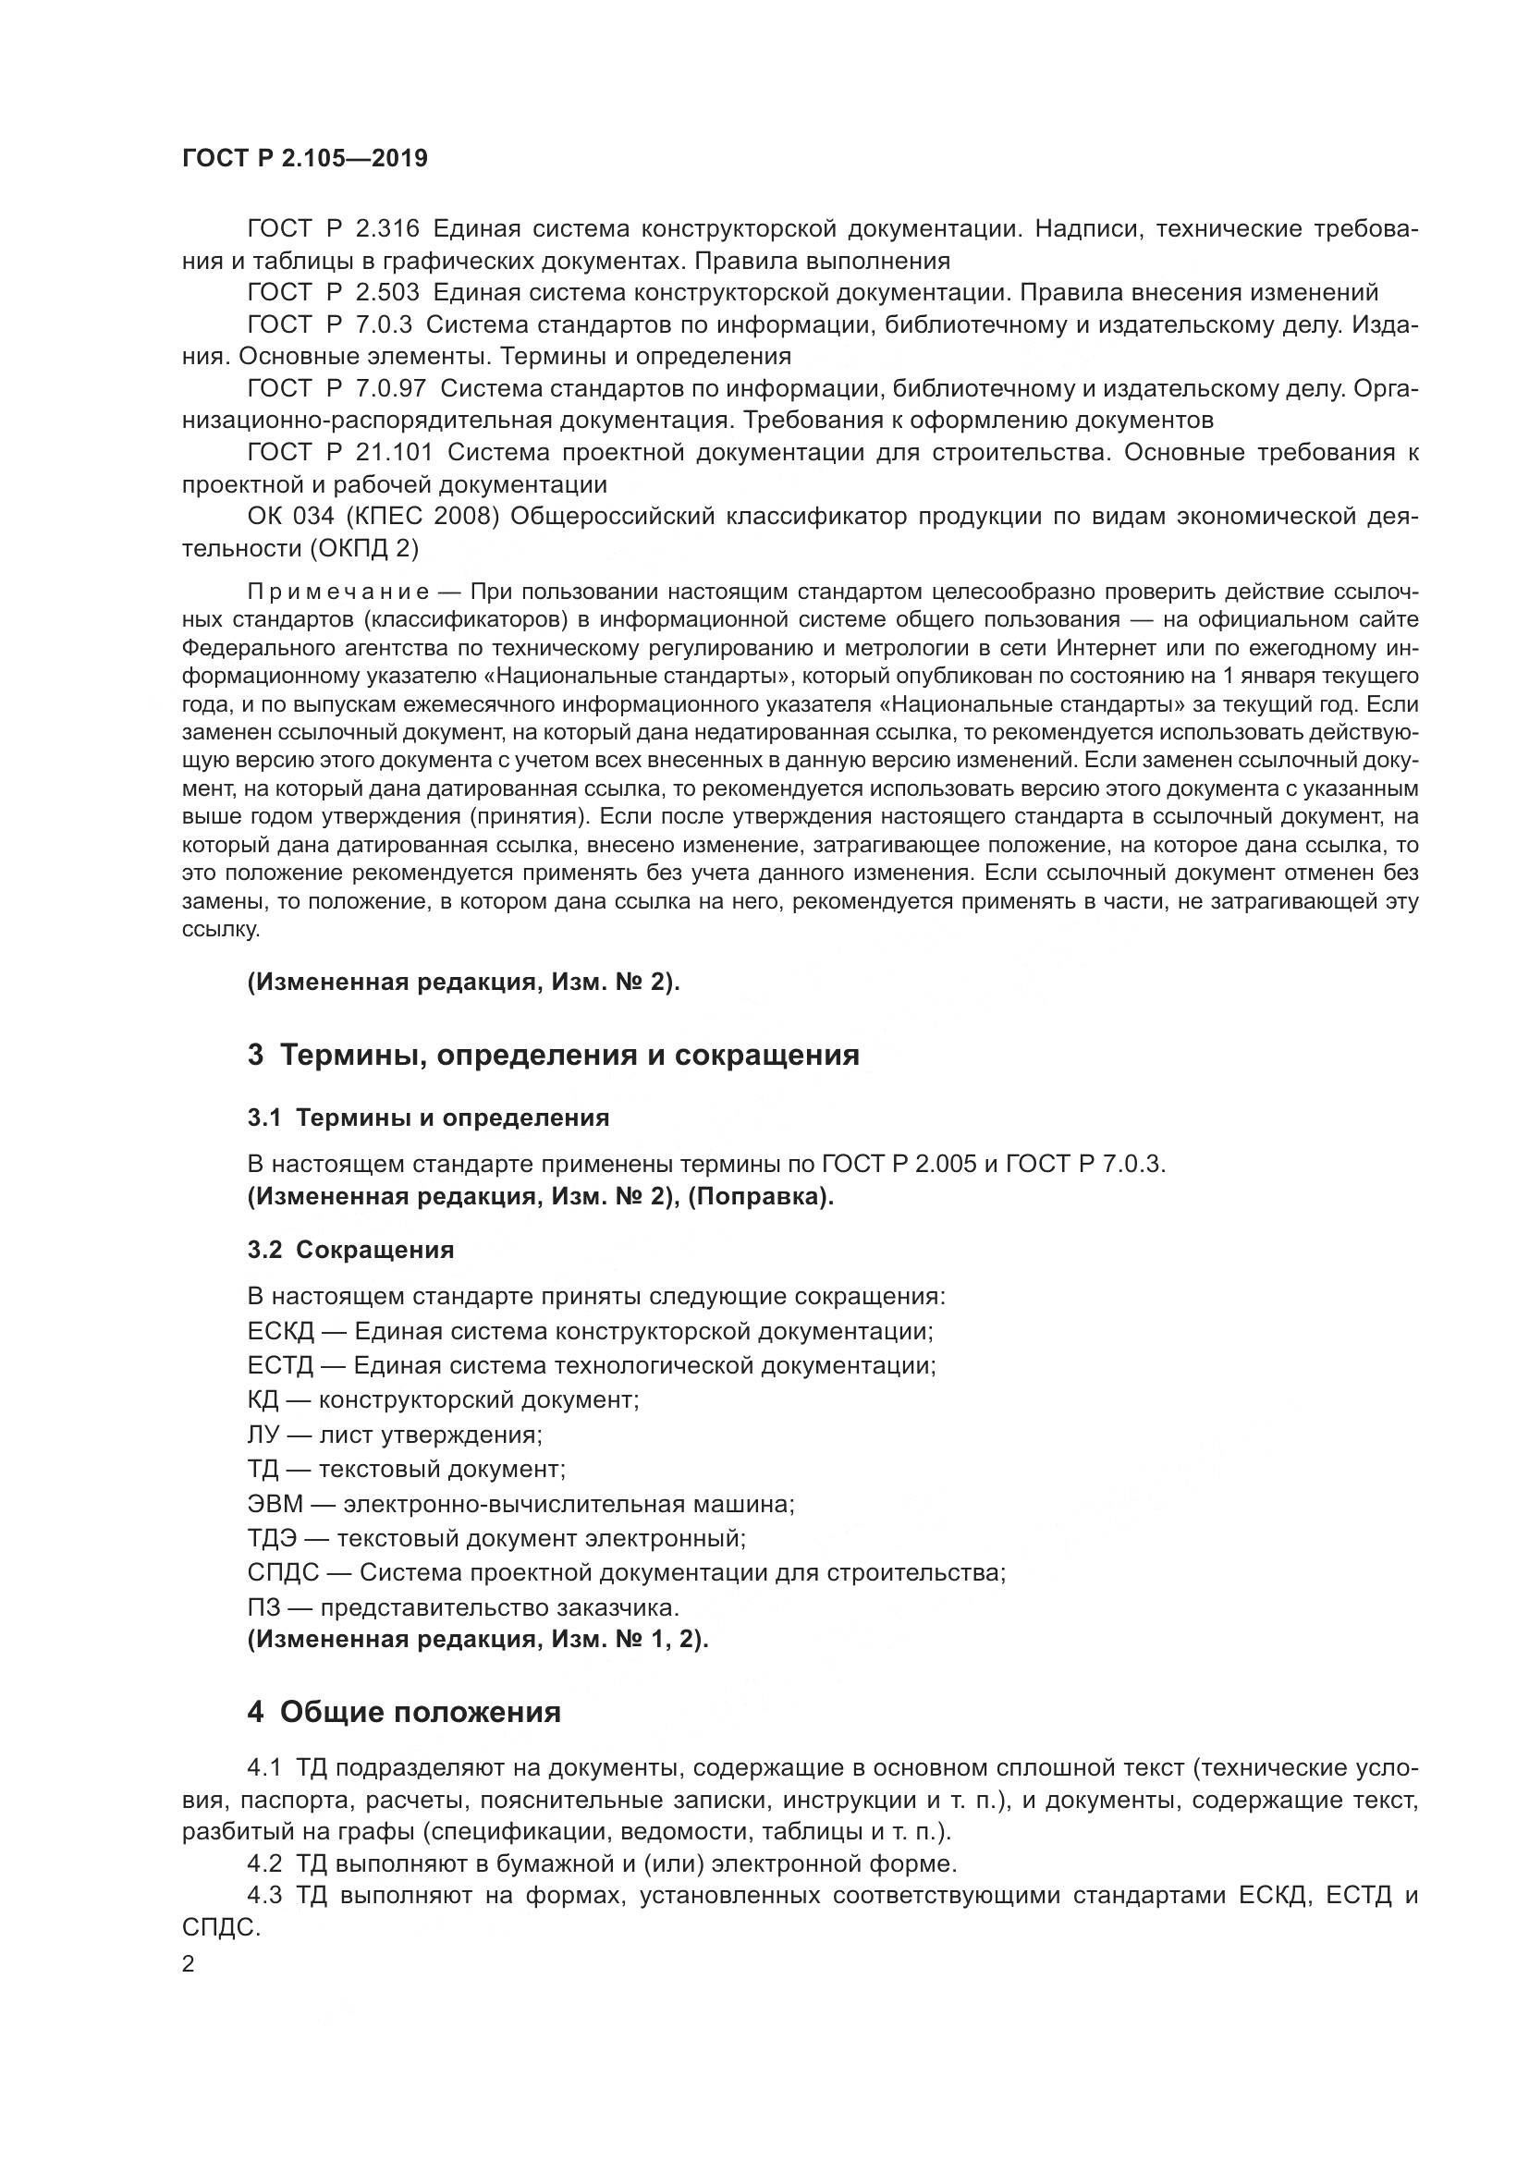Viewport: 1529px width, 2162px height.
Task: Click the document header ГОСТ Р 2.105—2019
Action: pyautogui.click(x=305, y=158)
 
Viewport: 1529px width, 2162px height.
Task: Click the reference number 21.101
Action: pyautogui.click(x=395, y=452)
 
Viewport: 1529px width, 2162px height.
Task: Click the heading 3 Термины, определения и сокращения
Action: pyautogui.click(x=554, y=1055)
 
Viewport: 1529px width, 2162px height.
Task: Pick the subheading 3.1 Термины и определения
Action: pyautogui.click(x=428, y=1118)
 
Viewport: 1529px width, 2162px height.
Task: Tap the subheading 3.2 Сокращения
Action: pyautogui.click(x=350, y=1250)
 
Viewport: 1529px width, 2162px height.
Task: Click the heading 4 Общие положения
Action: pyautogui.click(x=404, y=1712)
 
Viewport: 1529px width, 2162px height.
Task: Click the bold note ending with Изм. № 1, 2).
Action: pyautogui.click(x=478, y=1640)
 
